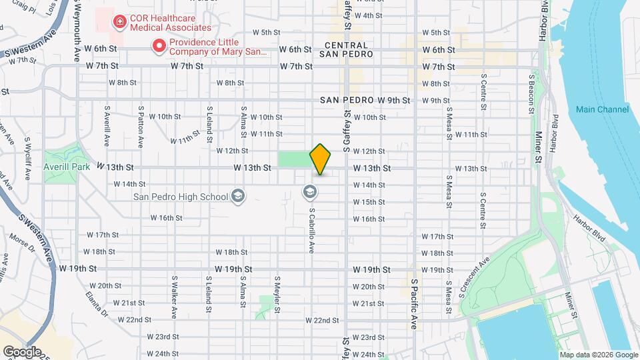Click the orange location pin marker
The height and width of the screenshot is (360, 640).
(x=321, y=159)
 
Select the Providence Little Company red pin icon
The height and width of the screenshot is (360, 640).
(x=159, y=45)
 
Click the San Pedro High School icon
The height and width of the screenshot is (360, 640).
(x=238, y=196)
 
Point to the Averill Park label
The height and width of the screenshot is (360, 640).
(x=67, y=167)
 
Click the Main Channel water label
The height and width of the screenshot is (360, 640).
(x=603, y=109)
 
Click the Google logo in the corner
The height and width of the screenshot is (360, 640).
(x=21, y=351)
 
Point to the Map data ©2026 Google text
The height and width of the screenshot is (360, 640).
(x=599, y=355)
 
